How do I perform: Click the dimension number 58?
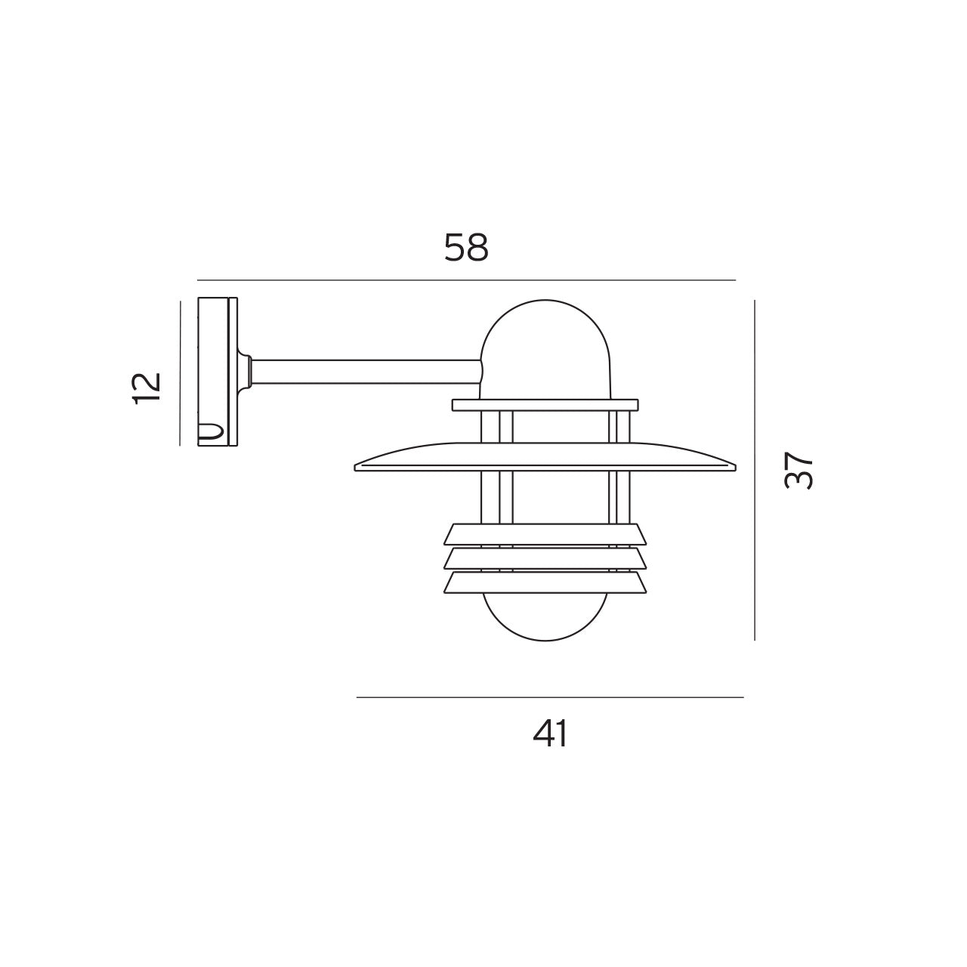coord(466,248)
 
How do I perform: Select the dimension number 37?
coord(799,471)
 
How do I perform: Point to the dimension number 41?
coord(550,733)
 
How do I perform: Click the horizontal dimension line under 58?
coord(466,280)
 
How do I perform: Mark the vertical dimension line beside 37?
coord(755,470)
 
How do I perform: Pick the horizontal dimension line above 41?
coord(550,697)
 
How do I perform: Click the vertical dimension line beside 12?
coord(180,373)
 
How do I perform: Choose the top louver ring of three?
coord(545,534)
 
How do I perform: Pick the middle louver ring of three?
coord(545,558)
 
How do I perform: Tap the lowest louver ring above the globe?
coord(545,582)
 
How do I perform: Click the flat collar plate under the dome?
coord(545,405)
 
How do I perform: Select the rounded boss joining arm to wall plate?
coord(246,371)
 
